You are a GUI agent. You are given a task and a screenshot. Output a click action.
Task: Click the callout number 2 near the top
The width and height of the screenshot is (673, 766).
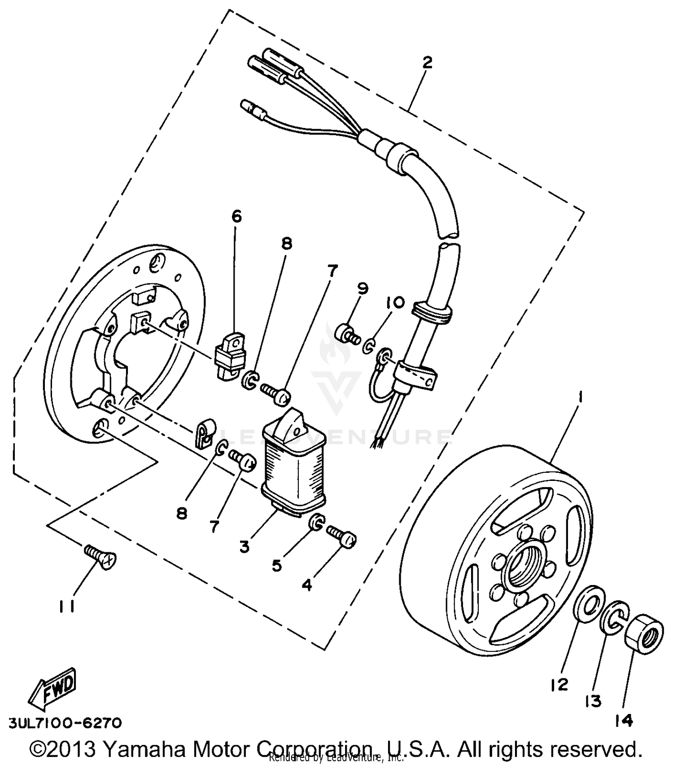coord(427,62)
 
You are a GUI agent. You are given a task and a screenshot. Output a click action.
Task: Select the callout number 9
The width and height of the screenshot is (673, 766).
coord(363,288)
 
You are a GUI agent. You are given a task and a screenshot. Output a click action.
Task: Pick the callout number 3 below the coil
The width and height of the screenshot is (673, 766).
coord(244,547)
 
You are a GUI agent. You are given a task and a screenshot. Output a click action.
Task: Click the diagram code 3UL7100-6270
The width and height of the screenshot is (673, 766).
coord(65,723)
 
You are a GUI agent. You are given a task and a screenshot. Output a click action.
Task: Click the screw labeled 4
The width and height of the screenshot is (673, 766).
coord(342,536)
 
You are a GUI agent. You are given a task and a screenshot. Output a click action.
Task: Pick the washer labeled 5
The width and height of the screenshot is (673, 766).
coord(317,522)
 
